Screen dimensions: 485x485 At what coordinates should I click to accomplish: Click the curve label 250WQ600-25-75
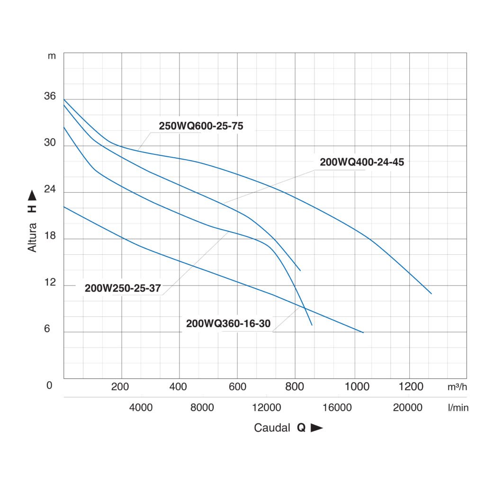[x=201, y=126]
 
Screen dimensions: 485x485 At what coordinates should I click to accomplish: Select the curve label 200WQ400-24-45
[x=362, y=162]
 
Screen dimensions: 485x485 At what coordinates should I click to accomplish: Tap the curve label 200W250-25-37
[x=123, y=288]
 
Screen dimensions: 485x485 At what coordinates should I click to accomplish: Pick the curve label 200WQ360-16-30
[x=228, y=324]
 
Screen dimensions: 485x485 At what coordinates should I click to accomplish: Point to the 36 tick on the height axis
[x=50, y=97]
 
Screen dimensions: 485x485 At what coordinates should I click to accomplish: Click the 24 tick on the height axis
[x=50, y=189]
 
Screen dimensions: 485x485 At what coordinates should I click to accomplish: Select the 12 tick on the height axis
[x=50, y=283]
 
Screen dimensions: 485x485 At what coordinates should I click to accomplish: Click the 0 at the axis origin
[x=49, y=386]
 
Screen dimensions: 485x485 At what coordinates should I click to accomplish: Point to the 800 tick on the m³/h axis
[x=295, y=386]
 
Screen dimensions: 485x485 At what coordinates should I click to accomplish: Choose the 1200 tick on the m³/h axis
[x=411, y=386]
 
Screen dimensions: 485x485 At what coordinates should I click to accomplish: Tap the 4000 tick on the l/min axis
[x=141, y=407]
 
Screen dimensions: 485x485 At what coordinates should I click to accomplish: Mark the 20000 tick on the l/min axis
[x=408, y=407]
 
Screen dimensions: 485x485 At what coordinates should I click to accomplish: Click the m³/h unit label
[x=457, y=387]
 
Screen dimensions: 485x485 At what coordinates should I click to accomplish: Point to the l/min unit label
[x=458, y=408]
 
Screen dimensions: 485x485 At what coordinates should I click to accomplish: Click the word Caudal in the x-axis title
[x=272, y=428]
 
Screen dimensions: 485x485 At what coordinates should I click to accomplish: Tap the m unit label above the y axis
[x=52, y=56]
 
